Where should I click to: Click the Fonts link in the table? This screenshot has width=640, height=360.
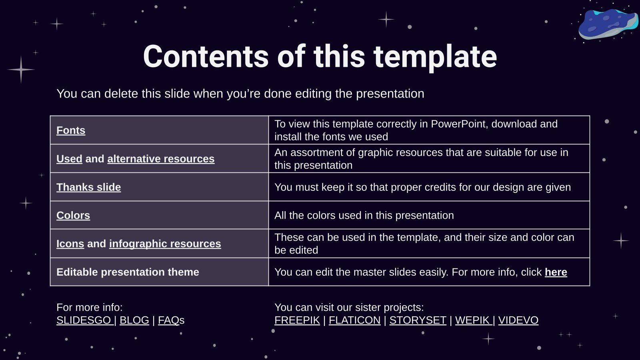71,130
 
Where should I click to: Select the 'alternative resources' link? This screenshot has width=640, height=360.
161,159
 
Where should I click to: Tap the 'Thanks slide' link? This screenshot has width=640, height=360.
88,187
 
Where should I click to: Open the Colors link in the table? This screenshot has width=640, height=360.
73,216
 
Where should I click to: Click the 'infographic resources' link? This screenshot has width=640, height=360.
165,244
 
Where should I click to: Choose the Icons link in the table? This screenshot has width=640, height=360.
70,244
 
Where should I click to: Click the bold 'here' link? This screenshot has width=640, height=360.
556,272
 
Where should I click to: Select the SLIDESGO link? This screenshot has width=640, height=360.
84,320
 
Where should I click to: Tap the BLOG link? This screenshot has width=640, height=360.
134,320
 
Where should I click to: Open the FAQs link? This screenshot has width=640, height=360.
171,320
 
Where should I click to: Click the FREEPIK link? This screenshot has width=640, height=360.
297,320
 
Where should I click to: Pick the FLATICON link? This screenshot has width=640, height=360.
354,320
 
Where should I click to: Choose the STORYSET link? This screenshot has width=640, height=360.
418,320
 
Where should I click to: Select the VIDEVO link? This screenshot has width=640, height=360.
518,320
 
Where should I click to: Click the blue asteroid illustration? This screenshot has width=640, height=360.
607,24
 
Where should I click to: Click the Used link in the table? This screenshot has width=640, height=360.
70,159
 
